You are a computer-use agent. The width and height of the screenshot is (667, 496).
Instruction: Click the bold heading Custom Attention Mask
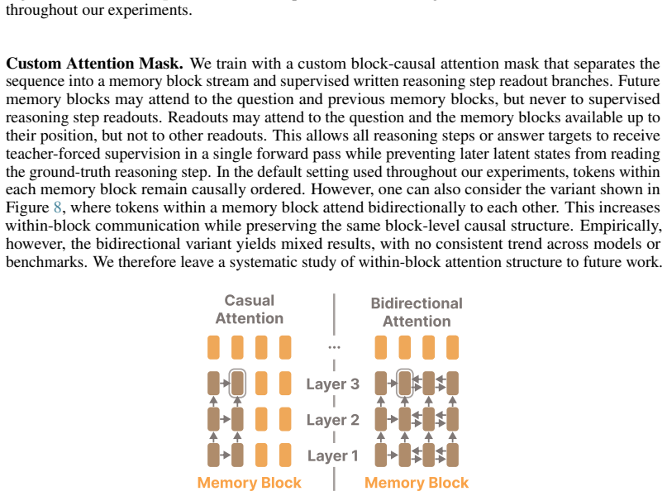(94, 64)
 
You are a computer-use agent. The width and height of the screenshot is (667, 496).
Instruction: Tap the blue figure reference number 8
(57, 207)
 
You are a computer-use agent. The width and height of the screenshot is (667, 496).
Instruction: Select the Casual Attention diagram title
(250, 309)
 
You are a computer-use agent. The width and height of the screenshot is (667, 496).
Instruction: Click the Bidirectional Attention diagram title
(417, 312)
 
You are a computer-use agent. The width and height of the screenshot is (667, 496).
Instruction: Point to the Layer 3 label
(332, 384)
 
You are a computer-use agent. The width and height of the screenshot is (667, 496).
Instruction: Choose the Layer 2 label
(332, 420)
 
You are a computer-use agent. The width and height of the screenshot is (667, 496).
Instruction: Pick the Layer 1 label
(332, 455)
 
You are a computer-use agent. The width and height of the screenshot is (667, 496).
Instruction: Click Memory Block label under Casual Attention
(250, 483)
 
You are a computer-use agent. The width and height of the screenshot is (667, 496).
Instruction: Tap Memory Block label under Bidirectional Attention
(417, 483)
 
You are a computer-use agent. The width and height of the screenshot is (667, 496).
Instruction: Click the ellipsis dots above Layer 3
(335, 347)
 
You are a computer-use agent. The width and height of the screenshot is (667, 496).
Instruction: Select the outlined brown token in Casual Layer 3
(237, 384)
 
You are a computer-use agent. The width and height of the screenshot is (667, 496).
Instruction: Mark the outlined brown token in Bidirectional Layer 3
(404, 384)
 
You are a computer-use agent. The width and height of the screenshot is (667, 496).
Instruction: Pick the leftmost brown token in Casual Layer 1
(213, 455)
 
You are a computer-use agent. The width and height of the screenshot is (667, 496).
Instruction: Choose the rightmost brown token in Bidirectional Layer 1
(453, 455)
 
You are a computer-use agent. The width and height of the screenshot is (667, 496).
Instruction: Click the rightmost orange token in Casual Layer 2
(285, 419)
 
